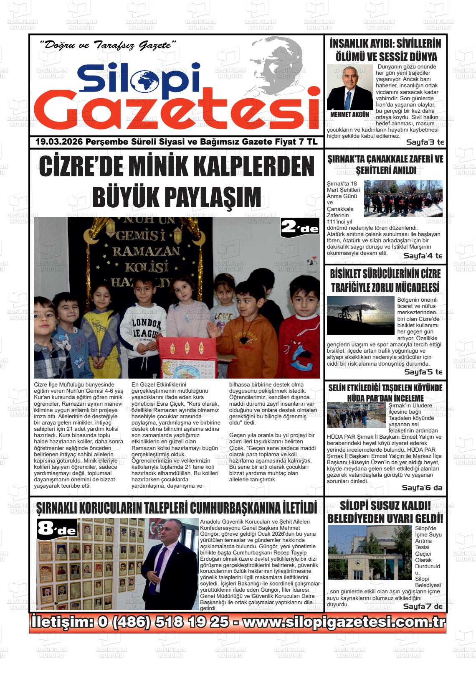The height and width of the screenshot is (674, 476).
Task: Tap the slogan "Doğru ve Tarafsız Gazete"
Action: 107,45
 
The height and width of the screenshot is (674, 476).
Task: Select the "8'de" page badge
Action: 57,529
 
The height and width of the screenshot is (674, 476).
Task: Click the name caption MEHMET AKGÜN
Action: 349,114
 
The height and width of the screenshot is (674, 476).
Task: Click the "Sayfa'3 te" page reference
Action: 425,142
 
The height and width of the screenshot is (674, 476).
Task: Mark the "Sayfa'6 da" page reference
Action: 422,488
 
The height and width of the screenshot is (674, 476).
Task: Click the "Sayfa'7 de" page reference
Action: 423,606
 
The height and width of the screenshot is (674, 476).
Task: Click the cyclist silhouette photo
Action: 360,315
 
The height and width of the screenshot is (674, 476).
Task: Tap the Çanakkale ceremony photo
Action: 403,198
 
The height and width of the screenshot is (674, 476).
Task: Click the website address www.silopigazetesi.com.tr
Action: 343,622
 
